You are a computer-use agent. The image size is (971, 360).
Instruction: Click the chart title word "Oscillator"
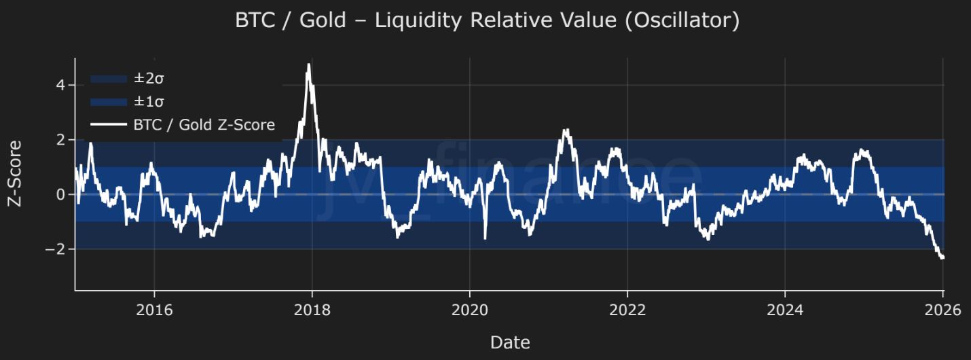pos(682,20)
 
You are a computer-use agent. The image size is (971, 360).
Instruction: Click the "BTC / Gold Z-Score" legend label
pos(204,125)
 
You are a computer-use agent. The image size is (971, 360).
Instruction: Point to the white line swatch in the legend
pos(109,125)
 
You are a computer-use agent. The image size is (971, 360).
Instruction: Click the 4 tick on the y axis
pos(60,86)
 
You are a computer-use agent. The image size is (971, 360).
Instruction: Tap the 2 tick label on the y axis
pos(60,140)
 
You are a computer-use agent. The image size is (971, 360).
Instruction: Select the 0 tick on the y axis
pos(60,195)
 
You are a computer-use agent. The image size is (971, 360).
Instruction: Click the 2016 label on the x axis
pos(154,310)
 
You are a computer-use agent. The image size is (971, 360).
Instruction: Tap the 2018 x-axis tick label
pos(312,310)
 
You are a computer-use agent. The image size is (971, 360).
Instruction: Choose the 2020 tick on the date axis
pos(469,310)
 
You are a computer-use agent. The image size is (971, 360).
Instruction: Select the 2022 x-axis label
pos(627,310)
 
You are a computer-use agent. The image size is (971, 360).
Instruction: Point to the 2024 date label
pos(784,310)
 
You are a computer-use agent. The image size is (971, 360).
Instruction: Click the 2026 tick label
pos(942,310)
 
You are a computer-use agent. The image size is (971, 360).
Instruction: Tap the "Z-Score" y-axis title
pos(15,174)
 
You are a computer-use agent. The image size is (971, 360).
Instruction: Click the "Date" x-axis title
pos(510,342)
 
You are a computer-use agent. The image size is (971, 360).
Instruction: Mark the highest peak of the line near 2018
pos(309,65)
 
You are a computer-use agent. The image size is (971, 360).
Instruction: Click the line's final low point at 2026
pos(942,257)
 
